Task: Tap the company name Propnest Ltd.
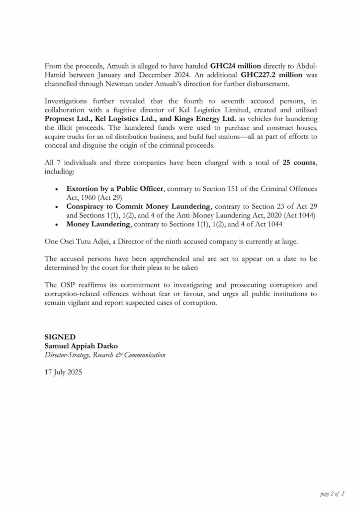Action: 64,118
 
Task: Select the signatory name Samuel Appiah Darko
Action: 80,346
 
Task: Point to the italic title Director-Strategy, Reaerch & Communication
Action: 105,355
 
